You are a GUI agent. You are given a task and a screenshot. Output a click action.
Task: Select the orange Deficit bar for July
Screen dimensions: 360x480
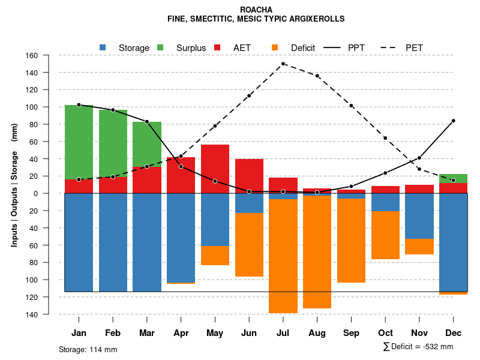coord(283,256)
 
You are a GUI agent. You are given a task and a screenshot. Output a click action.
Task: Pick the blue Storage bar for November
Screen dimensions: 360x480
coord(419,216)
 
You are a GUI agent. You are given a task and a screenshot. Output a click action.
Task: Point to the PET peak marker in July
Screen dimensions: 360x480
coord(283,64)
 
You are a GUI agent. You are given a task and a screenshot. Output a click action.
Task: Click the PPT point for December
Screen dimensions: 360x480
coord(454,121)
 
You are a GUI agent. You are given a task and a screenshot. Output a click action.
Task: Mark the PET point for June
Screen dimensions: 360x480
coord(249,95)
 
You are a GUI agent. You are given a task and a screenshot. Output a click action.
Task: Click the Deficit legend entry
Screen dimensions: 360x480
coord(302,47)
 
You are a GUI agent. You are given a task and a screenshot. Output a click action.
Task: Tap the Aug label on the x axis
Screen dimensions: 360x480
coord(317,333)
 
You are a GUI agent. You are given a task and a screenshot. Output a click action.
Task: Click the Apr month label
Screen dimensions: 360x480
coord(181,333)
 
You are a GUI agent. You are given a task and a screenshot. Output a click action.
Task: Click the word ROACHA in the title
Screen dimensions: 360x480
coord(256,10)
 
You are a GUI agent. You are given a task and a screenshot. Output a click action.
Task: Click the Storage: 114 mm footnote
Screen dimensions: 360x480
coord(88,349)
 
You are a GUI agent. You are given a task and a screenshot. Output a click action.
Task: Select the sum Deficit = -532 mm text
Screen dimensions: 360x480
coord(418,347)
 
